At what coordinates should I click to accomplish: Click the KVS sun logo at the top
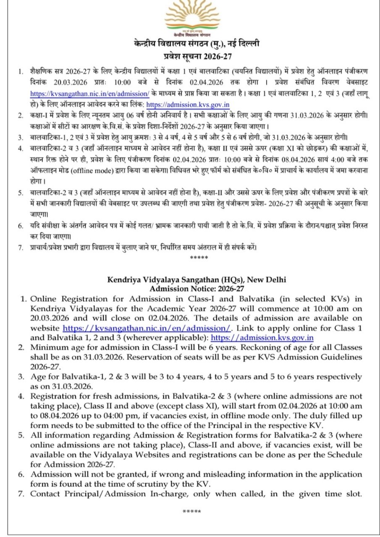190,19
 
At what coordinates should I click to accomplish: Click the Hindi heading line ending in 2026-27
190,55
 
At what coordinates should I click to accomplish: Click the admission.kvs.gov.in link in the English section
262,337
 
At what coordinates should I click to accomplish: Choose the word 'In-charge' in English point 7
173,494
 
